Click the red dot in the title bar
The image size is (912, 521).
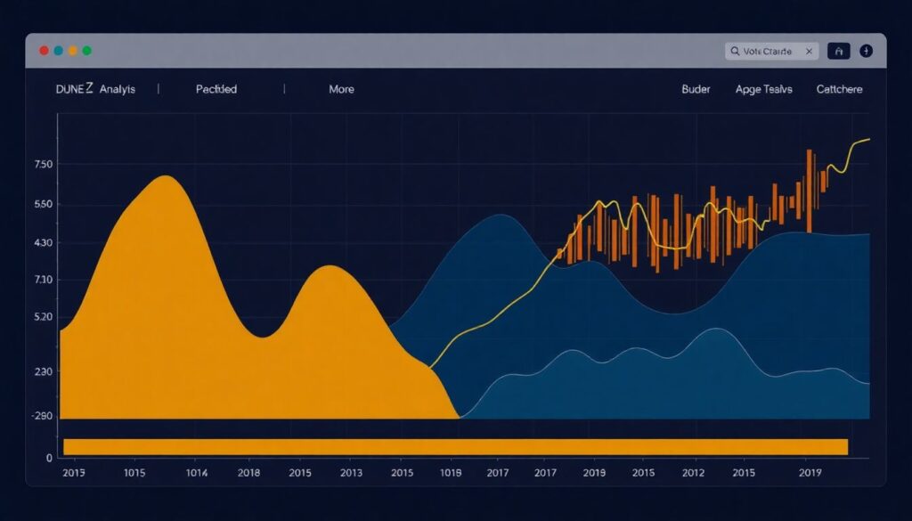[x=44, y=52]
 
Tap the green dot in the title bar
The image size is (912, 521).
[x=86, y=52]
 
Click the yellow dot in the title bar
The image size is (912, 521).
[x=73, y=52]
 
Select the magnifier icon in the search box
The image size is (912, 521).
[x=736, y=52]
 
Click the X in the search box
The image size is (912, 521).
[x=809, y=52]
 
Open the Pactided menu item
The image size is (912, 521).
[x=216, y=89]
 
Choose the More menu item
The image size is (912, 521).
[x=341, y=89]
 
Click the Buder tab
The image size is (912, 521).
[x=696, y=89]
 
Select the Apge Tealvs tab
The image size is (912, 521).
[x=763, y=89]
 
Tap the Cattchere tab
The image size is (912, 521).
[x=839, y=89]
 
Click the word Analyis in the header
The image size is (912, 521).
[x=118, y=89]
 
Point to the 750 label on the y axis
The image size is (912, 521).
[x=44, y=165]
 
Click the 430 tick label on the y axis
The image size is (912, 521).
[x=44, y=243]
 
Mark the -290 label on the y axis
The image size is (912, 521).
[x=42, y=416]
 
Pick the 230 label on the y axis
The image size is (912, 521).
[x=44, y=371]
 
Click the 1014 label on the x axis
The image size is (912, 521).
[x=195, y=473]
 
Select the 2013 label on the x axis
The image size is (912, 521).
[x=351, y=473]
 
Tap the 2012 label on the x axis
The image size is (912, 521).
[x=693, y=473]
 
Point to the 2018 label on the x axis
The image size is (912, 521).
[x=248, y=473]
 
